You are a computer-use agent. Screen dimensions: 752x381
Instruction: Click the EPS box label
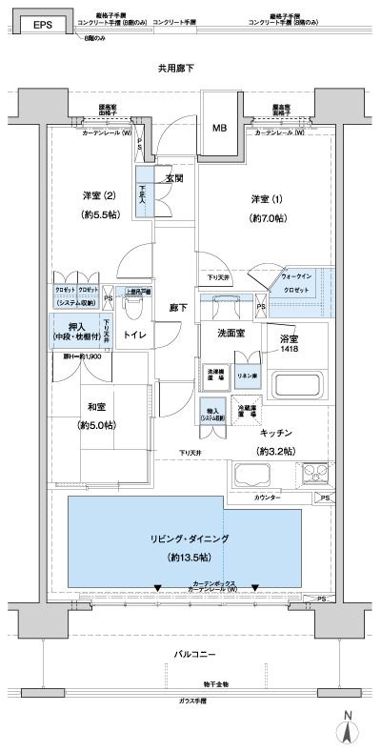42,26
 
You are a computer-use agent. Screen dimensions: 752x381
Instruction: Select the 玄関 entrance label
174,177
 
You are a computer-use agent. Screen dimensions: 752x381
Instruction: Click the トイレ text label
134,335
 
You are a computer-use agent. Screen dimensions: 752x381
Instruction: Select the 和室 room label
98,405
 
